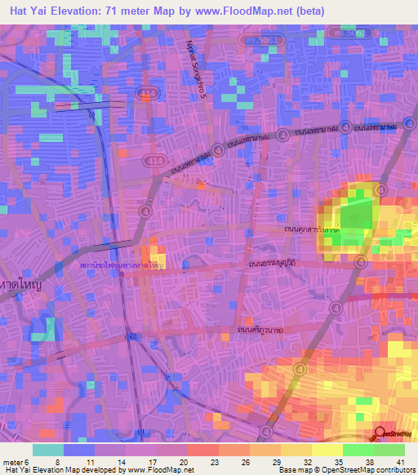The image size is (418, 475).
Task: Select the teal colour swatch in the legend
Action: (47, 449)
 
